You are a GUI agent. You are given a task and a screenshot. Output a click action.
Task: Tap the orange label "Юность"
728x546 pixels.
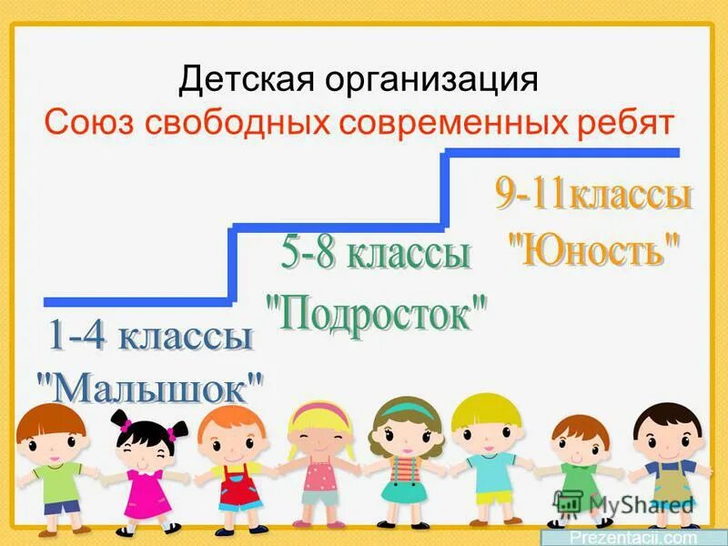592,248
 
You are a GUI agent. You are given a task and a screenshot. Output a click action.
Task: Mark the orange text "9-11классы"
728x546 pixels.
593,196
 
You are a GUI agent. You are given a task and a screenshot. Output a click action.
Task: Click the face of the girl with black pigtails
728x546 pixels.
145,445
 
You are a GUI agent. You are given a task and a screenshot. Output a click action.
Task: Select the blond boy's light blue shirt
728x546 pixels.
491,475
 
